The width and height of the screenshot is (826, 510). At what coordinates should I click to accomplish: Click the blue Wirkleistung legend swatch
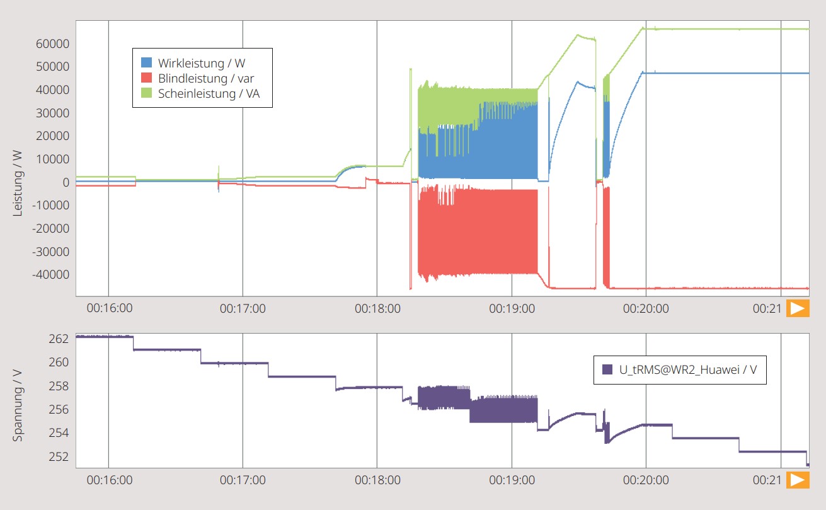[x=146, y=62]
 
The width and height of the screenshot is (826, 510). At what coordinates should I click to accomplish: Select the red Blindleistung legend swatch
[x=146, y=78]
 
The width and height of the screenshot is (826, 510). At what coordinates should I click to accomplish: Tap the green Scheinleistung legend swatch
[x=146, y=93]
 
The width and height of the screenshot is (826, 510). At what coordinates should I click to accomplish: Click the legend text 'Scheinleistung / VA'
[x=209, y=93]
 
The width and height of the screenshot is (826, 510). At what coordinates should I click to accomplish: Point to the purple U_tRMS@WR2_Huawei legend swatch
[x=607, y=369]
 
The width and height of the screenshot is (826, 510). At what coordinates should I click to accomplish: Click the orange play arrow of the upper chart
[x=798, y=308]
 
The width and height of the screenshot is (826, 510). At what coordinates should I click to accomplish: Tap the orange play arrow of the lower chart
[x=798, y=480]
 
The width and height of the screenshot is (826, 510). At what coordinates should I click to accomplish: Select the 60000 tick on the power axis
[x=52, y=43]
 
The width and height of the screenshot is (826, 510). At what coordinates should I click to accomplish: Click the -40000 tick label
[x=50, y=275]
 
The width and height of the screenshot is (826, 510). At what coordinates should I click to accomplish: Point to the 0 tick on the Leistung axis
[x=66, y=182]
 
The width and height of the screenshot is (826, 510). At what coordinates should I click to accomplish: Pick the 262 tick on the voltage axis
[x=59, y=339]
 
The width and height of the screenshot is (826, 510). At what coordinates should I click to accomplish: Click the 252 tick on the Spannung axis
[x=59, y=457]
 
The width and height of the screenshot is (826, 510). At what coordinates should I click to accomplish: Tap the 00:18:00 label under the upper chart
[x=377, y=308]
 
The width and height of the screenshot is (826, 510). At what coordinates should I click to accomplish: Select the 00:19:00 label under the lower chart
[x=512, y=480]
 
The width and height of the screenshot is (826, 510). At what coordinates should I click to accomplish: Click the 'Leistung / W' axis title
[x=18, y=183]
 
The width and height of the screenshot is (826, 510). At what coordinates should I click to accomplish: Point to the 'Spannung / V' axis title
[x=18, y=405]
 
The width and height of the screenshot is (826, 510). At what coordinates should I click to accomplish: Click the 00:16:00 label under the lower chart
[x=110, y=480]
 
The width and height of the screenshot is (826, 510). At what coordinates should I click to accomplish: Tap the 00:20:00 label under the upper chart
[x=646, y=308]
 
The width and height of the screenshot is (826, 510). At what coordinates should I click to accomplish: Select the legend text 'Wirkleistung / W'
[x=202, y=63]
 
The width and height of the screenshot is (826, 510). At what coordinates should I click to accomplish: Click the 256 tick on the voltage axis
[x=59, y=409]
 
